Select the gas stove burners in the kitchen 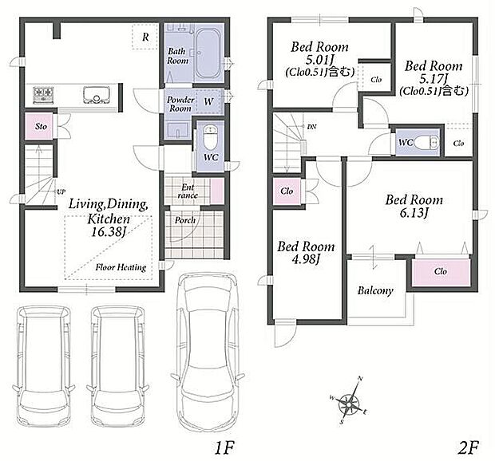click(43, 95)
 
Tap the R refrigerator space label click(145, 37)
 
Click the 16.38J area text click(109, 232)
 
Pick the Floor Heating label click(121, 268)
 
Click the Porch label click(185, 220)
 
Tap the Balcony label click(375, 290)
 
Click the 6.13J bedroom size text click(414, 214)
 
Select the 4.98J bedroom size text click(306, 259)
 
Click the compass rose click(349, 401)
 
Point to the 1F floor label click(224, 447)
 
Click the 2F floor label click(469, 447)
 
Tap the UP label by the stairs click(61, 191)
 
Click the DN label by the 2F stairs click(311, 127)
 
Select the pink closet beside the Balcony click(441, 272)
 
